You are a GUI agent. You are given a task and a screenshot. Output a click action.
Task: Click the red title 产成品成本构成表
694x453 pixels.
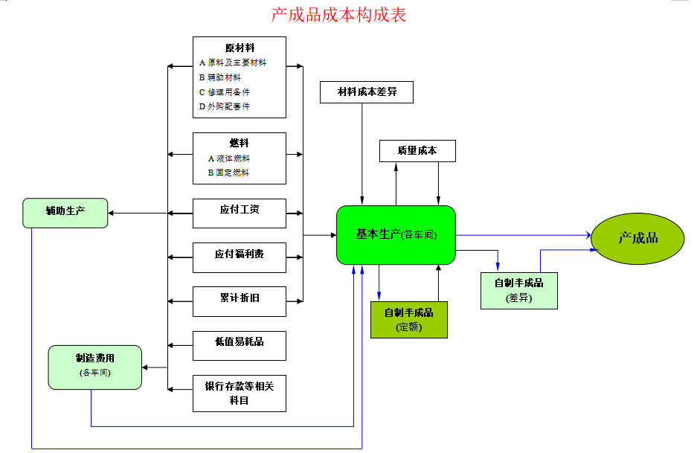[x=338, y=14]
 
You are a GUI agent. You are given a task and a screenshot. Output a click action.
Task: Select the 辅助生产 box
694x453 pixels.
[x=65, y=212]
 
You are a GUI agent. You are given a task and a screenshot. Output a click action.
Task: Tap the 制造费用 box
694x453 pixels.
[x=94, y=367]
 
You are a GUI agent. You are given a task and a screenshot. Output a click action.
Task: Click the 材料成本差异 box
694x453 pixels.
[x=366, y=92]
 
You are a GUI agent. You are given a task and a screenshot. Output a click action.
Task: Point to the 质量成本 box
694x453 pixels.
[x=417, y=151]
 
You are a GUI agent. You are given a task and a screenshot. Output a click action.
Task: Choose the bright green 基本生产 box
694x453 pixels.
[x=396, y=234]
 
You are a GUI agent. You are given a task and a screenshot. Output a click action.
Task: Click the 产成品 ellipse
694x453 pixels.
[x=637, y=238]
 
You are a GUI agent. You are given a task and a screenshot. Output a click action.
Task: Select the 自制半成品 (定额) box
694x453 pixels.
[x=408, y=319]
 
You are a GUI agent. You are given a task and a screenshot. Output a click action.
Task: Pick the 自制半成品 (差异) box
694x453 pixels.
[x=518, y=290]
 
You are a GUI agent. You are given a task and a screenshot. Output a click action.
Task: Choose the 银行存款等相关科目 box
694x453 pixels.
[x=239, y=393]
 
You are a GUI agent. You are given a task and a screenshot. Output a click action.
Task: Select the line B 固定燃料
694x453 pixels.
[x=228, y=173]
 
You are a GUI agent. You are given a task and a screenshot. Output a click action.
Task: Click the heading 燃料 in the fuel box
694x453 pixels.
[x=239, y=143]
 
